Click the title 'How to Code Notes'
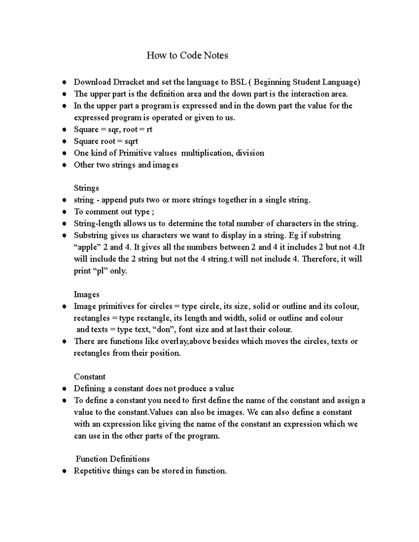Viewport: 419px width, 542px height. coord(187,55)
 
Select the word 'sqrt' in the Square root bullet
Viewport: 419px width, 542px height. coord(131,141)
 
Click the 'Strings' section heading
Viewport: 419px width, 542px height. coord(86,188)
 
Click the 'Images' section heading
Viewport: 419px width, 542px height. coord(86,295)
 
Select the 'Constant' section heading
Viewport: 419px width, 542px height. coord(89,377)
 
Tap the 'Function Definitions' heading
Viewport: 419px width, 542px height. coord(112,459)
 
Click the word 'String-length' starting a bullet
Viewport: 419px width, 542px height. coord(97,224)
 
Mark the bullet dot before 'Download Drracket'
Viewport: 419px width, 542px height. coord(64,83)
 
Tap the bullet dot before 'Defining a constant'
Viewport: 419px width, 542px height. coord(64,389)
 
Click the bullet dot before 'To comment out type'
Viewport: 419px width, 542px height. coord(64,212)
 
